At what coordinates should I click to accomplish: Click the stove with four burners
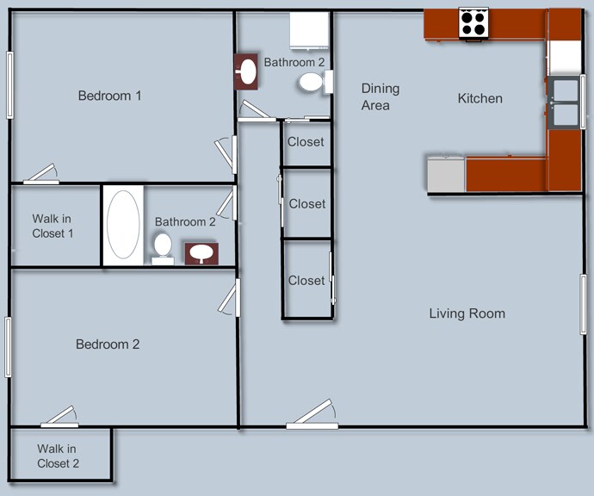point(473,22)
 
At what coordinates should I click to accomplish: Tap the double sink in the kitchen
point(564,102)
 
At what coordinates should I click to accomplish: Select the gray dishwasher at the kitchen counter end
point(446,173)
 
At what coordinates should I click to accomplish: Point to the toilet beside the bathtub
point(162,247)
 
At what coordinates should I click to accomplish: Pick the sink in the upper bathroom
point(247,71)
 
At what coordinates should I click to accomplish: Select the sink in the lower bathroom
point(202,253)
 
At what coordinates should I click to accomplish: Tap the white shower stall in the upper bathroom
point(309,32)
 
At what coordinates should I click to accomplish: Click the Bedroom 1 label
point(109,96)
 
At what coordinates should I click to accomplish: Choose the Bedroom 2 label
point(108,344)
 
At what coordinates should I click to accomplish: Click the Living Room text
point(467,313)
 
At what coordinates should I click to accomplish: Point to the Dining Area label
point(380,96)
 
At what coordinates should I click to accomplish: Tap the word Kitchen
point(480,99)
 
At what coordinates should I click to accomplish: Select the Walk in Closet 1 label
point(53,226)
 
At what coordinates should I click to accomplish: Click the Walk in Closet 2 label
point(58,456)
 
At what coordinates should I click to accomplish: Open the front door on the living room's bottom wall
point(312,415)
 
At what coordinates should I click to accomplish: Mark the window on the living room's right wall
point(583,304)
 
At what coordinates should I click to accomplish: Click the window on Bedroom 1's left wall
point(10,84)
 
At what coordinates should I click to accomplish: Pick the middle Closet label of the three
point(307,204)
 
